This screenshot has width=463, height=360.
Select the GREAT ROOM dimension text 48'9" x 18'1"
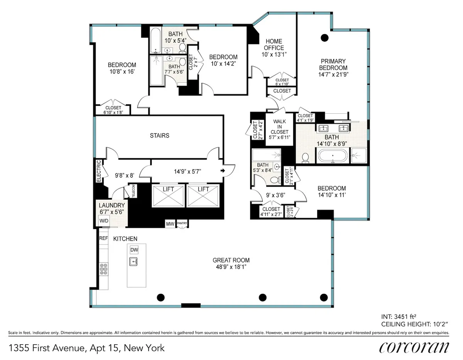tap(231, 267)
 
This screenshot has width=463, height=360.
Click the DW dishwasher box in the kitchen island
tap(134, 250)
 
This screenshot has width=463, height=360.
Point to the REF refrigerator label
tap(103, 239)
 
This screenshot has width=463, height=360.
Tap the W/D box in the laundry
tap(104, 221)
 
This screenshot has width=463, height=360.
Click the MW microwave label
tap(169, 223)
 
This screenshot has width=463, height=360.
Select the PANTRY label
tap(182, 223)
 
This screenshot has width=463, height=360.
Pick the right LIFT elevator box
tap(203, 197)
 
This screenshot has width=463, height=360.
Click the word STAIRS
tap(160, 136)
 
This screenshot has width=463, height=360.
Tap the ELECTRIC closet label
tap(98, 171)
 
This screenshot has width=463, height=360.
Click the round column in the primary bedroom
tap(324, 37)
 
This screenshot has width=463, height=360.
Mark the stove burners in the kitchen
tap(103, 269)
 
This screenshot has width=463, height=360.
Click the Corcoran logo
tap(414, 347)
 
